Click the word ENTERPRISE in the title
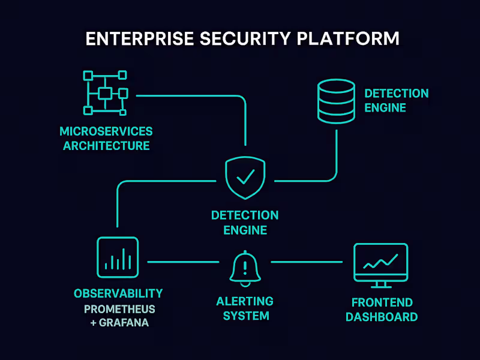point(139,38)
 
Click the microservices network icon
point(105,93)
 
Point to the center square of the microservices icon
point(105,93)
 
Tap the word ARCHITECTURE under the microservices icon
point(106,146)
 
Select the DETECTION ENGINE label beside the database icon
point(396,101)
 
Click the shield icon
point(245,178)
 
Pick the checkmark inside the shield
point(245,176)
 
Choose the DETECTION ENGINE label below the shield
point(245,223)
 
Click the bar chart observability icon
point(118,257)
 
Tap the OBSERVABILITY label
point(118,293)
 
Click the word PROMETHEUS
point(119,310)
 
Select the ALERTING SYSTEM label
point(245,308)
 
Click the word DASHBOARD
point(381,317)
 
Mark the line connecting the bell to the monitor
point(307,262)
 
